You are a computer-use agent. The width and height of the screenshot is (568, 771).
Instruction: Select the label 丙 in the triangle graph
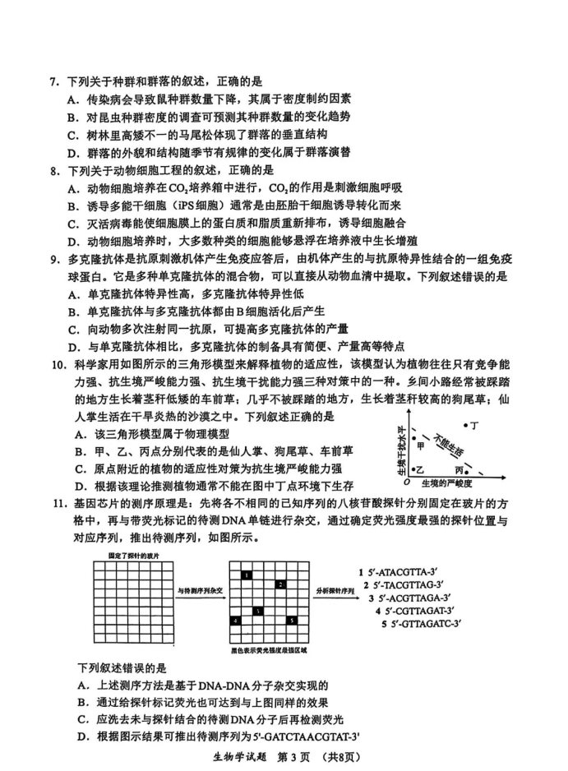[x=471, y=469]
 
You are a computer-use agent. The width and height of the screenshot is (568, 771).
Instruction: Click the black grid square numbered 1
[x=247, y=576]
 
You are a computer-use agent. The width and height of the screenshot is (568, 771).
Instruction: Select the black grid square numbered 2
[x=279, y=584]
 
